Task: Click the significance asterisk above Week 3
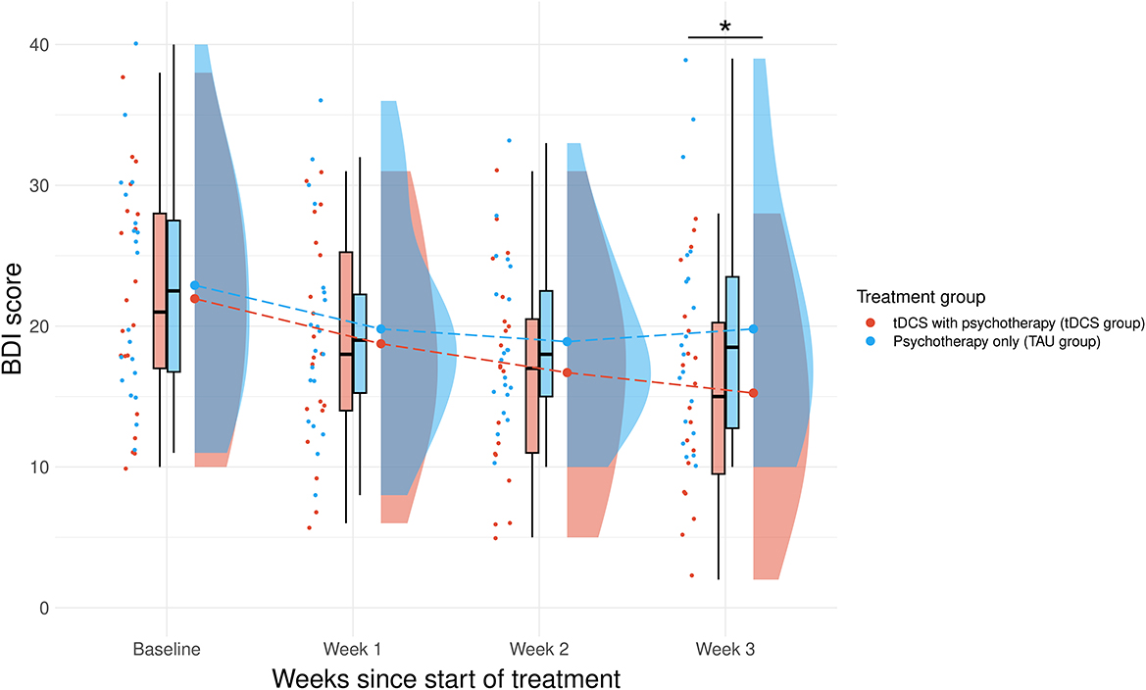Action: click(725, 26)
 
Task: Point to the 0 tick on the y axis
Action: click(44, 608)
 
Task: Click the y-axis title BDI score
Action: click(17, 325)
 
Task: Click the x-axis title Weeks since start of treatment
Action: click(446, 677)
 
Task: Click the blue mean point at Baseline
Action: click(194, 285)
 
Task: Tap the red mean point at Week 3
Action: click(753, 393)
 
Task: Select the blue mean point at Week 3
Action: click(753, 329)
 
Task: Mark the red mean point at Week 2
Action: click(567, 372)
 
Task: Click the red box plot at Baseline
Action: click(160, 290)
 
